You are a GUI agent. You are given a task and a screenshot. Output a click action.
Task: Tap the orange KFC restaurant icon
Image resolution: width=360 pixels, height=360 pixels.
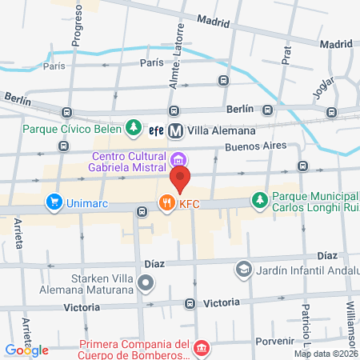[166, 203]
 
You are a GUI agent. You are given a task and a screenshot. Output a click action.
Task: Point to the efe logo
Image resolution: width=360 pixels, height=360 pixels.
[157, 130]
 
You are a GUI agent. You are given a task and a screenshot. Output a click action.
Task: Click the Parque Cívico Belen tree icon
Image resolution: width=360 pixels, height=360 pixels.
[134, 128]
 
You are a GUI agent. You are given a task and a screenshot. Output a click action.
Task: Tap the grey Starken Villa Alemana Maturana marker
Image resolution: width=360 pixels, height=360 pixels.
[146, 282]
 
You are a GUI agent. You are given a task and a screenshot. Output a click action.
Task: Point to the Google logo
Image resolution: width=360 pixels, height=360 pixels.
[26, 350]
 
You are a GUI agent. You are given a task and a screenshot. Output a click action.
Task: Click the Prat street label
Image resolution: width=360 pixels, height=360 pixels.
[286, 54]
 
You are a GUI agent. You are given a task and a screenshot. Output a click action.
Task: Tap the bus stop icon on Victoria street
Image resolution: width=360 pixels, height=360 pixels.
[190, 303]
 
